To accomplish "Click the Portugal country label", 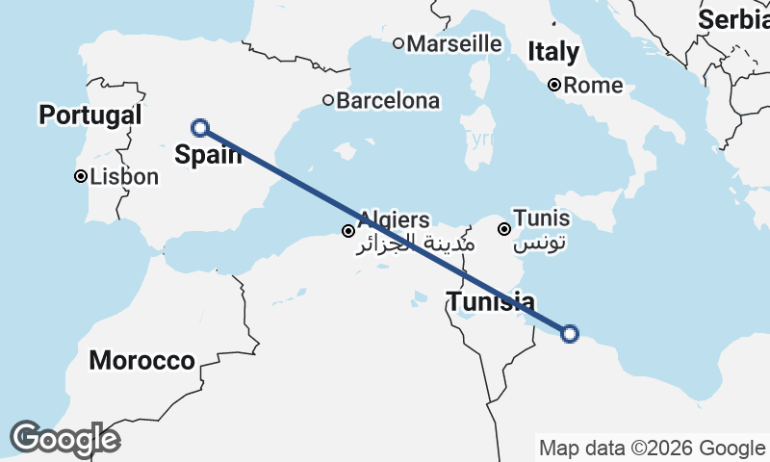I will pos(90,115).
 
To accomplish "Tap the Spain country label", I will pos(208,153).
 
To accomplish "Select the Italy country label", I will pos(553,51).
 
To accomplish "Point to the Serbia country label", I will pos(733,19).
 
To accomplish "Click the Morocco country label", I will pos(141,361).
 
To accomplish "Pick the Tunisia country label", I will pos(491,302).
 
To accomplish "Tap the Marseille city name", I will pos(454,43).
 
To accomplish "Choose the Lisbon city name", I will pos(123,177).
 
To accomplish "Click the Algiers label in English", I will pos(394,220).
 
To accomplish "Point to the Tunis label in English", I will pos(541,218).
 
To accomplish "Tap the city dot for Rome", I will pos(555,85).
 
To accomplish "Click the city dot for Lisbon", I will pos(81,177).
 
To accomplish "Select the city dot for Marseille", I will pos(398,43).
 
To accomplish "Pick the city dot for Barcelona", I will pos(328,100).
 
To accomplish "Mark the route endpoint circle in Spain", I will pos(200,127).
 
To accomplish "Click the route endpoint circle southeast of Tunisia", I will pos(569,334).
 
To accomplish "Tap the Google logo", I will pos(64,439).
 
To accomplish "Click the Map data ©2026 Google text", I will pos(652,448).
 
